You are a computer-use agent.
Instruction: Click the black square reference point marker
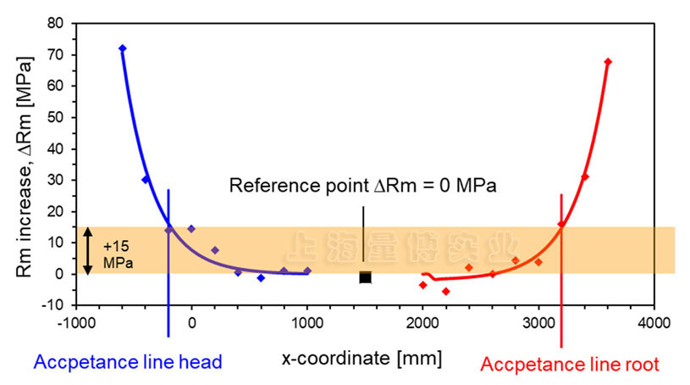point(365,277)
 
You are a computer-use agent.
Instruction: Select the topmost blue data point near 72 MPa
point(123,48)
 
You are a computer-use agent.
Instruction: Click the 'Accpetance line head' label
point(127,362)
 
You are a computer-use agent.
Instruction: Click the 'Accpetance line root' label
point(570,365)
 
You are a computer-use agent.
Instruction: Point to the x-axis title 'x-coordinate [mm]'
point(362,358)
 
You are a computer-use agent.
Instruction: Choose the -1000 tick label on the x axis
point(75,322)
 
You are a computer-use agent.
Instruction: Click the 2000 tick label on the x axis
point(422,322)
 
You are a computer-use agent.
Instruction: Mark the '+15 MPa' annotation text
point(117,252)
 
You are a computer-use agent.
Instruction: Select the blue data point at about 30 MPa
point(146,180)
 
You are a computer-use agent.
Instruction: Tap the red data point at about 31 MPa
point(585,177)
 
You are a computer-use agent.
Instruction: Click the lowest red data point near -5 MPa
point(446,292)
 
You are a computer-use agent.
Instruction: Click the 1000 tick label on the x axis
point(307,322)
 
